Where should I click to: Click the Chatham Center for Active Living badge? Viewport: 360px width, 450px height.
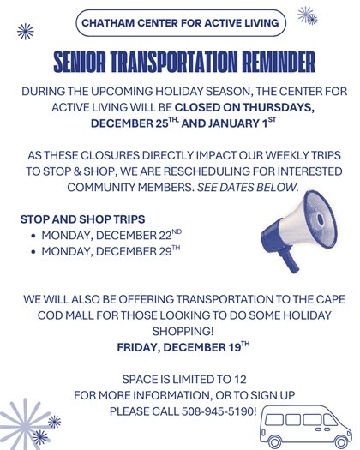tap(179, 22)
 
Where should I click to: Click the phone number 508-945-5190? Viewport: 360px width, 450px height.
tap(219, 411)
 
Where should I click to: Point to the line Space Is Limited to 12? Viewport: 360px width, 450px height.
tap(179, 379)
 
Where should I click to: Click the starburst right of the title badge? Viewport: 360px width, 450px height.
tap(306, 15)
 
